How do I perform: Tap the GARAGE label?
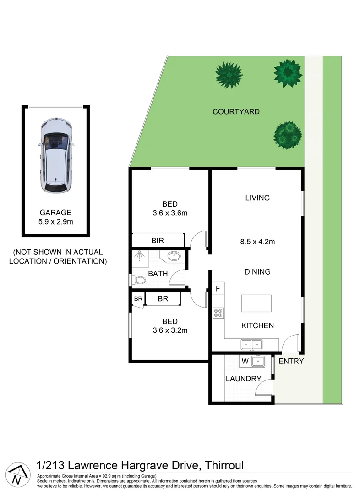click(55, 213)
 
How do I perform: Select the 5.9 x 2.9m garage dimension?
click(55, 222)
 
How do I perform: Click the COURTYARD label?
click(236, 111)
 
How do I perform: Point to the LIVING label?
click(257, 198)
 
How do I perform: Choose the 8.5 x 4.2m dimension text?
click(257, 242)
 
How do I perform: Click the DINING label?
click(257, 272)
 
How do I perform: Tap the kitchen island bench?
click(256, 303)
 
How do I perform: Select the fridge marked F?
click(218, 289)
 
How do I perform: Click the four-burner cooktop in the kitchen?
click(218, 313)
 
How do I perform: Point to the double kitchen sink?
click(251, 343)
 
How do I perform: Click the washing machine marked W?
click(245, 361)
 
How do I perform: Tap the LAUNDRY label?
click(243, 379)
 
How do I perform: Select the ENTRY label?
click(291, 362)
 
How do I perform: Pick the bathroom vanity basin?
click(174, 256)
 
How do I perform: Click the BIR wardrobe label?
click(158, 241)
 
